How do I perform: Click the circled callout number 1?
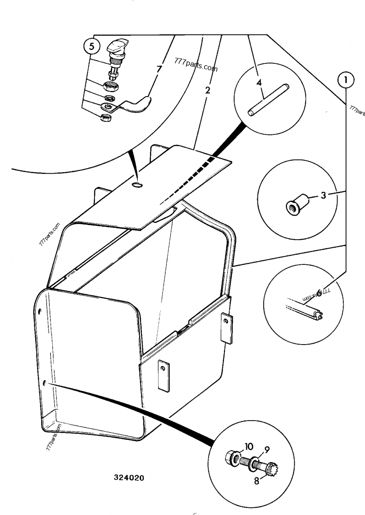[345, 80]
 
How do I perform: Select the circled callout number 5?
[91, 46]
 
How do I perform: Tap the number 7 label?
[159, 70]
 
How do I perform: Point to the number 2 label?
[208, 90]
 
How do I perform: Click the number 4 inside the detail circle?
[259, 82]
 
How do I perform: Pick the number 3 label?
[323, 196]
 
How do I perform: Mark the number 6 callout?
[319, 292]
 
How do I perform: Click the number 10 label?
[249, 447]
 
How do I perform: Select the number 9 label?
[267, 449]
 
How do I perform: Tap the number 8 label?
[257, 480]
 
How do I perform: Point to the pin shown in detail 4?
[268, 99]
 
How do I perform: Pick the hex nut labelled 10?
[232, 458]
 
